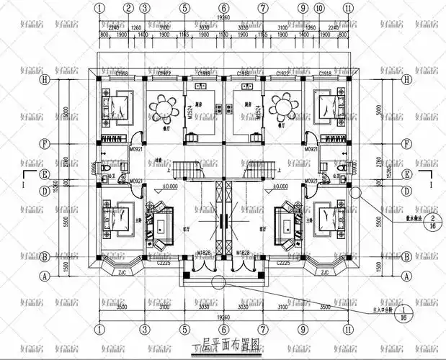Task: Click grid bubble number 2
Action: pyautogui.click(x=128, y=9)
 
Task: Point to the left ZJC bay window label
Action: pyautogui.click(x=122, y=273)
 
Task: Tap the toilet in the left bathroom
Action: pyautogui.click(x=105, y=168)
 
